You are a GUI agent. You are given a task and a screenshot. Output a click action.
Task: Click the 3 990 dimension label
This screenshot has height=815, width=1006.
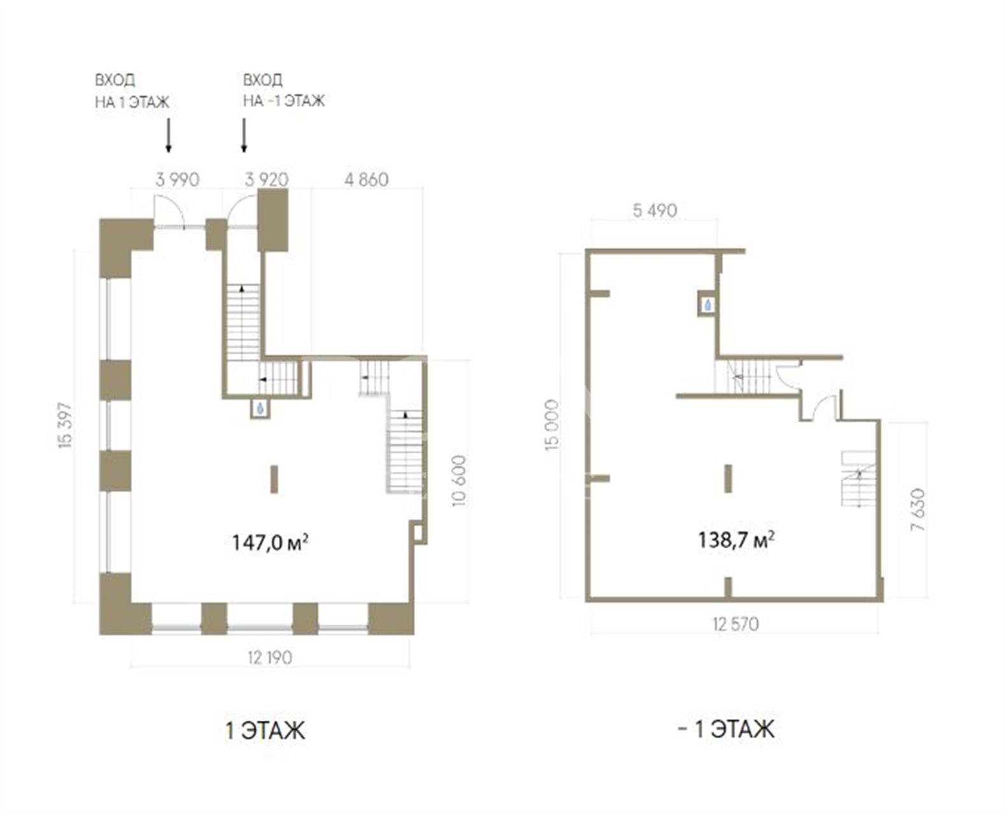point(178,180)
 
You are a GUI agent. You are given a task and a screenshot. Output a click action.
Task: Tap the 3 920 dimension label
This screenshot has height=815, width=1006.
point(267,180)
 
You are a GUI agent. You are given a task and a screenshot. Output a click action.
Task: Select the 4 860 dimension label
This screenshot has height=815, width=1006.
point(367,180)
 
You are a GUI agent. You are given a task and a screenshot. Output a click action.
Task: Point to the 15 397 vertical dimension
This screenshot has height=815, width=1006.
point(65,425)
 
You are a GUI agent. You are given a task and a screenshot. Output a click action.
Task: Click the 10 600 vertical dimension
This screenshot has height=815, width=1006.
point(459,481)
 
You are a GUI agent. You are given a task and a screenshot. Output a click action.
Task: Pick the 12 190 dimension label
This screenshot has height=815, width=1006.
point(270,658)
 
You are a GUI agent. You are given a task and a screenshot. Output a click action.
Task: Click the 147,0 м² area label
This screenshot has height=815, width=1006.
point(270,542)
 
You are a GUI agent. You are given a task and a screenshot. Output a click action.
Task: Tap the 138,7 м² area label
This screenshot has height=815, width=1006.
point(736,540)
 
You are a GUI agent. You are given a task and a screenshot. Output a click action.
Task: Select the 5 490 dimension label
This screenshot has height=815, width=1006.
point(655,211)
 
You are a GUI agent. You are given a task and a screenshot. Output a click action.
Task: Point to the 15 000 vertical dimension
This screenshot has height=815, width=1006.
point(551,425)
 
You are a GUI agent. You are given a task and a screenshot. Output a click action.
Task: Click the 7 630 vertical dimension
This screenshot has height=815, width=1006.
point(918,509)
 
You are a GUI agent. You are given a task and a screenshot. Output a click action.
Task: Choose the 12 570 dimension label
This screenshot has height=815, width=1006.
point(736,625)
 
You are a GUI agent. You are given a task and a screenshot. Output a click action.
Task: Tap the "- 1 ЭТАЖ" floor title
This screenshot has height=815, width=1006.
point(726,729)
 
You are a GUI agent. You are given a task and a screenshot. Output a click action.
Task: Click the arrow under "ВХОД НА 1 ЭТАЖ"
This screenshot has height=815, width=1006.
point(168,136)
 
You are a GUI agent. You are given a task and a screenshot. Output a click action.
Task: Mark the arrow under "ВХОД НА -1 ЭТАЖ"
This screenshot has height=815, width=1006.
point(244,136)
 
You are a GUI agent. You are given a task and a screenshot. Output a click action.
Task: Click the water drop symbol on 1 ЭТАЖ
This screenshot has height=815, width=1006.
point(260,408)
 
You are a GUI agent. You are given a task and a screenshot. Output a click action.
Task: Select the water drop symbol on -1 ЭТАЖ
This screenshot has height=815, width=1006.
point(707,306)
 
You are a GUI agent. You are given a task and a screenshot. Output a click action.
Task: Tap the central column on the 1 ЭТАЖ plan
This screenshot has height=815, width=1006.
point(274,479)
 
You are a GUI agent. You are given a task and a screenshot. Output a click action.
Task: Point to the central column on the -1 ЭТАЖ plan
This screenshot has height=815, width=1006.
point(728,479)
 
